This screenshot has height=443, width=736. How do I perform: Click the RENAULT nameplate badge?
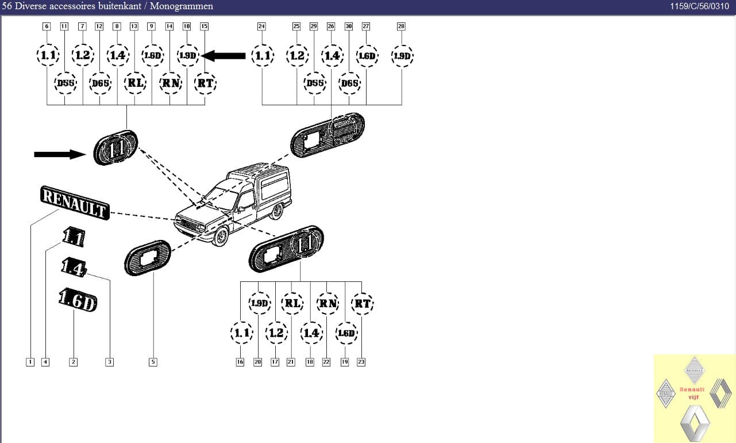[74, 202]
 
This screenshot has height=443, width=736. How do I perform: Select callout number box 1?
[30, 362]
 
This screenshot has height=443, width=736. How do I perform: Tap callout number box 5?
[153, 362]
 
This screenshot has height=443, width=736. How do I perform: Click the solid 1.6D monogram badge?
[78, 300]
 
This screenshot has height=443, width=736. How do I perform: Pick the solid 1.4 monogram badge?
[74, 266]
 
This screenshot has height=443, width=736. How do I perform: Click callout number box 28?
[401, 26]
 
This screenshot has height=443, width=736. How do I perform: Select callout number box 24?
[261, 26]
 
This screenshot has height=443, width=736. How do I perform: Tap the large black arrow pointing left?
[225, 56]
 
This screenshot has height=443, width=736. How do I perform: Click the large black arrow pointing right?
[60, 154]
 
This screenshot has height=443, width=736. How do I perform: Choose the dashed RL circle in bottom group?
[293, 303]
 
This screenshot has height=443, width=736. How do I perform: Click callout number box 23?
[361, 362]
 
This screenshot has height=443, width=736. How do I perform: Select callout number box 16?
[240, 362]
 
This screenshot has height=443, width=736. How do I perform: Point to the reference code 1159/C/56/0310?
[699, 6]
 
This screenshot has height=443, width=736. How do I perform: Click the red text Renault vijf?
[692, 393]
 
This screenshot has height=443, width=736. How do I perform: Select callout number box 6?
[47, 26]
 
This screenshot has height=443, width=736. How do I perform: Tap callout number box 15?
[205, 26]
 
